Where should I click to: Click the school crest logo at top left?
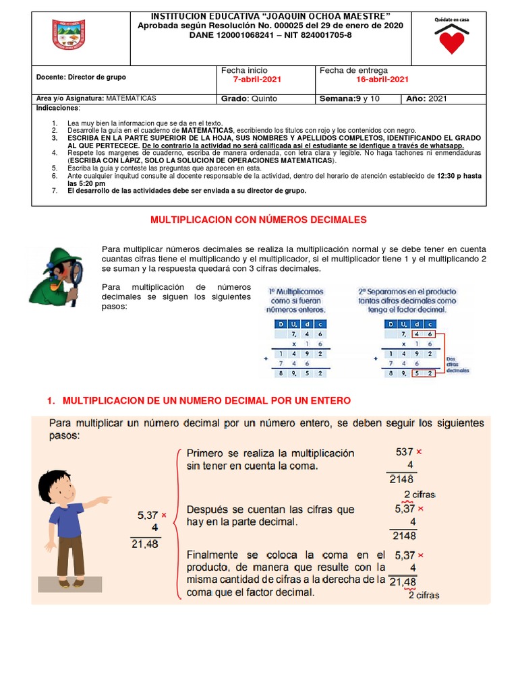(x=68, y=34)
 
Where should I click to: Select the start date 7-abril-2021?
(x=256, y=80)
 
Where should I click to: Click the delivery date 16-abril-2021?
(x=382, y=80)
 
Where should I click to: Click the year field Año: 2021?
(x=426, y=98)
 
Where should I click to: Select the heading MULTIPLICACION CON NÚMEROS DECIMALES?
(x=258, y=220)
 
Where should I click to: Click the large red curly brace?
(x=177, y=523)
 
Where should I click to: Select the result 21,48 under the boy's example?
(x=145, y=544)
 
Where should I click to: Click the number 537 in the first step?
(x=404, y=451)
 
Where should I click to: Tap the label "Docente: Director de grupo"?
(x=81, y=77)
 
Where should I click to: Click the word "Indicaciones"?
(x=57, y=108)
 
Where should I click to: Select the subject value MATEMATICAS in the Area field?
(x=131, y=98)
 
